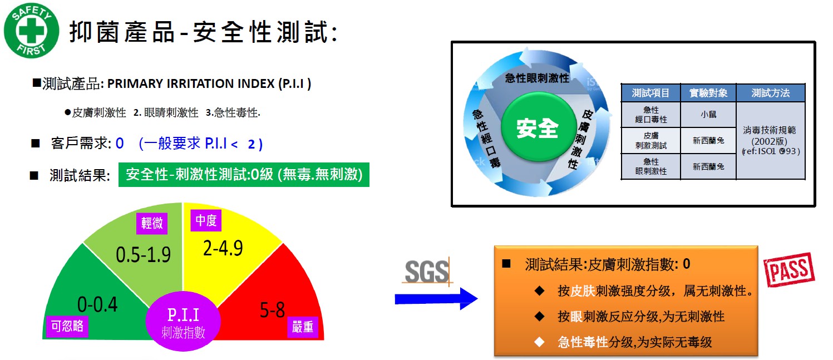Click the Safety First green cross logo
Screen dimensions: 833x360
[x=31, y=31]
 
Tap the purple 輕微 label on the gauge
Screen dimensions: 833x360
[x=152, y=223]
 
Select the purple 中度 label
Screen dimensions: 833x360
[x=206, y=220]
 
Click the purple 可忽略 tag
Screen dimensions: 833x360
[x=67, y=326]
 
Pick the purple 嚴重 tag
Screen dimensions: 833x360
[x=302, y=327]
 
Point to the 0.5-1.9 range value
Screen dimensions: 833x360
[x=143, y=255]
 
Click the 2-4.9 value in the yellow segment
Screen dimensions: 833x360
[x=223, y=248]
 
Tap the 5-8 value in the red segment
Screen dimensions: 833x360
[x=272, y=310]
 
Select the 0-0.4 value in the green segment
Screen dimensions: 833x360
[x=97, y=304]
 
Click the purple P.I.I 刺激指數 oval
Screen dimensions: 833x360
[x=183, y=321]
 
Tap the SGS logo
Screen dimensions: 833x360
[x=427, y=271]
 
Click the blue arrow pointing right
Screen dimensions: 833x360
[x=436, y=299]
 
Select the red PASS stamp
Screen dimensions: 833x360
[x=788, y=270]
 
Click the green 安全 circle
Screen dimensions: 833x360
[x=538, y=127]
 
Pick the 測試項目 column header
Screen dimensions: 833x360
[x=651, y=93]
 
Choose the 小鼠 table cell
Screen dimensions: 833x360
[x=708, y=115]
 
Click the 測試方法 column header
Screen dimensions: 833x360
[x=771, y=93]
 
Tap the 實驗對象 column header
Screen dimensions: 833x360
[x=708, y=93]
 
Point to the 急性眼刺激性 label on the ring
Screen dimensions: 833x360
[x=537, y=78]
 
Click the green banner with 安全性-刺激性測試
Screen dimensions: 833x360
[x=244, y=174]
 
